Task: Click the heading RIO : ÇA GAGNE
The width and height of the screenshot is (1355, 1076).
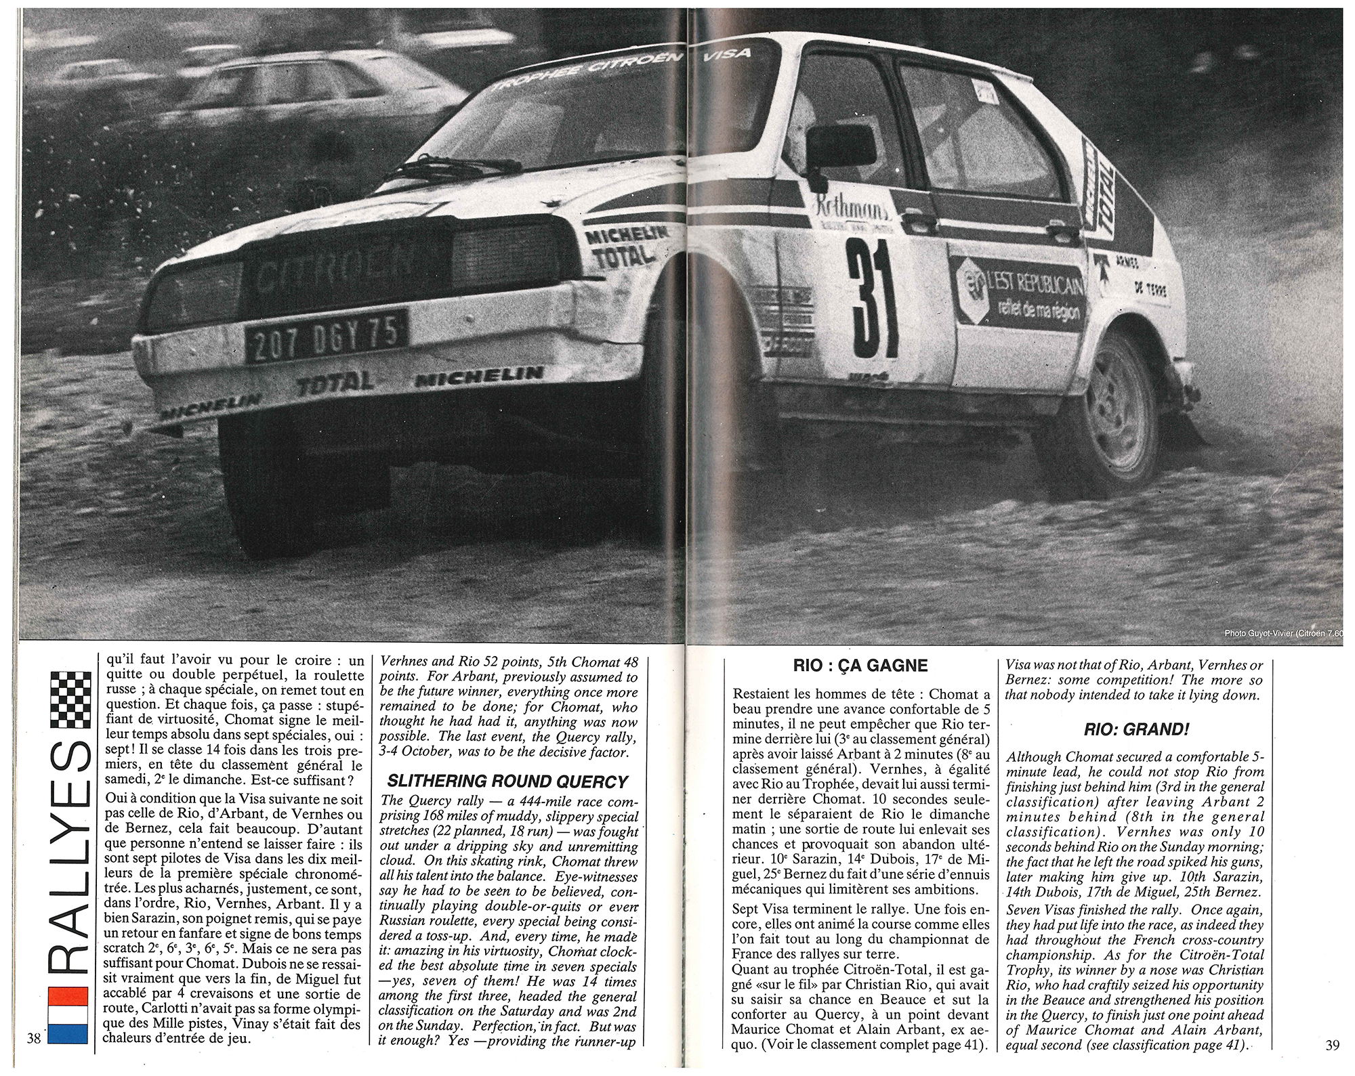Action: pyautogui.click(x=860, y=666)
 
